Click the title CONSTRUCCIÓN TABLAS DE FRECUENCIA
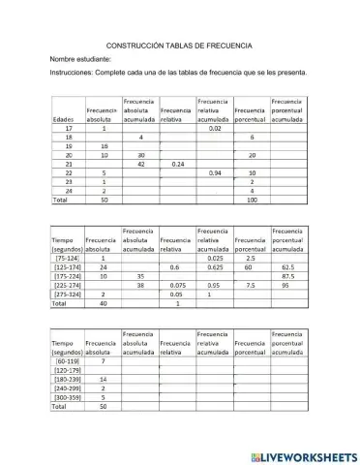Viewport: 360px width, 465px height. tap(180, 45)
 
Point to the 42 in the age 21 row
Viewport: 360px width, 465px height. tap(141, 164)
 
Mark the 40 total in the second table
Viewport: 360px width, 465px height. tap(103, 303)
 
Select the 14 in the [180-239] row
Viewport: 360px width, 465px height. tap(103, 379)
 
